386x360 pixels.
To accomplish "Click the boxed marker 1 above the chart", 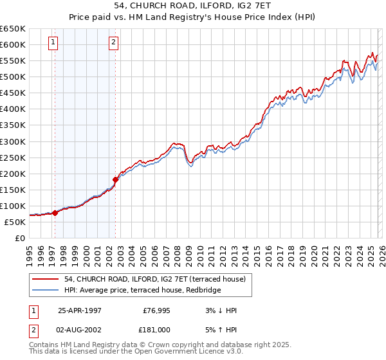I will pos(52,43).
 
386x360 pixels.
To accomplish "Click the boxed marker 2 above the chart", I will pos(113,43).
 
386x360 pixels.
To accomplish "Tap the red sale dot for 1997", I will pos(55,213).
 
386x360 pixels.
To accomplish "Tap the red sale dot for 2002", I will pos(115,179).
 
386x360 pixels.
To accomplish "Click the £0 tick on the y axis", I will pos(19,238).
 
